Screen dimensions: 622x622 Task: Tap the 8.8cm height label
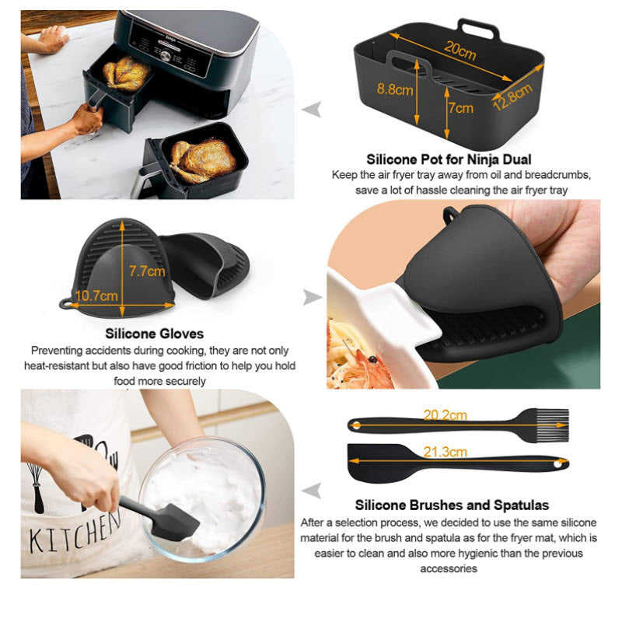point(396,89)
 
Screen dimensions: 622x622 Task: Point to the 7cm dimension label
point(460,108)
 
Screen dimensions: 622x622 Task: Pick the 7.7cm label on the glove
point(146,271)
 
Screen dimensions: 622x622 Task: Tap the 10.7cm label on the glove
point(98,295)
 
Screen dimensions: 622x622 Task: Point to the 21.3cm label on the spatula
point(446,452)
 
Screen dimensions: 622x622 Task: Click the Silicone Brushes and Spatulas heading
point(452,505)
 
